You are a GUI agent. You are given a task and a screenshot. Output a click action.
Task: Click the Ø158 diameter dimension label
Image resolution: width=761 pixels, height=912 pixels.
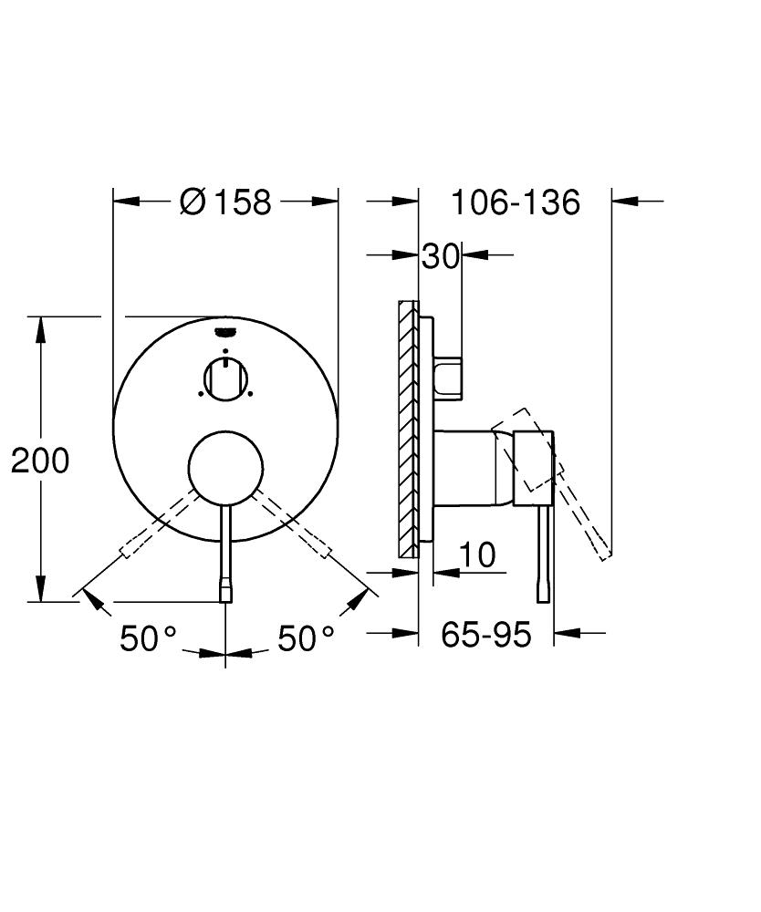click(x=226, y=202)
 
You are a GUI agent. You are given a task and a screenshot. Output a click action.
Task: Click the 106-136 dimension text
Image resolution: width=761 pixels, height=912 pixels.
click(x=515, y=202)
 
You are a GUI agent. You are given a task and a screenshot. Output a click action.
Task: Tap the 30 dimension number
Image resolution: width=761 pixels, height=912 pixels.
click(x=440, y=257)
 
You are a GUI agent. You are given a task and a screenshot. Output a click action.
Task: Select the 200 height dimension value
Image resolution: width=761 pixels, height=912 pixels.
click(x=40, y=461)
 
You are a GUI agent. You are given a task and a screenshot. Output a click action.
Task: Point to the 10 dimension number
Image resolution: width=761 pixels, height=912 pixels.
click(x=476, y=554)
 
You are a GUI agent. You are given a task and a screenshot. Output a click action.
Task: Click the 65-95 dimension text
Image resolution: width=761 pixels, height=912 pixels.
click(x=485, y=634)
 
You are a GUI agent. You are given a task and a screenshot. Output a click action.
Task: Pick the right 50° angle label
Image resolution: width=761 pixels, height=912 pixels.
click(x=306, y=638)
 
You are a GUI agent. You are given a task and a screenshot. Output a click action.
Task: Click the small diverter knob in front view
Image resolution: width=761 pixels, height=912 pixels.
click(x=225, y=378)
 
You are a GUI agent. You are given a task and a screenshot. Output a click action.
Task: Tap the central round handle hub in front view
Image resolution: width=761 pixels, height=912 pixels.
click(x=225, y=467)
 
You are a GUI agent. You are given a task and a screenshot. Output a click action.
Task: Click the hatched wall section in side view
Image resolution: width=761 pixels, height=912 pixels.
click(x=408, y=429)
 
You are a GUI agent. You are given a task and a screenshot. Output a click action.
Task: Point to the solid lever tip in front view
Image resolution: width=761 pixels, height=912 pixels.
click(x=225, y=593)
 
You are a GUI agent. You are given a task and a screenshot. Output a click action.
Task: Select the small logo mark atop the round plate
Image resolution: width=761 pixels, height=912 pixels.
click(x=225, y=331)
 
